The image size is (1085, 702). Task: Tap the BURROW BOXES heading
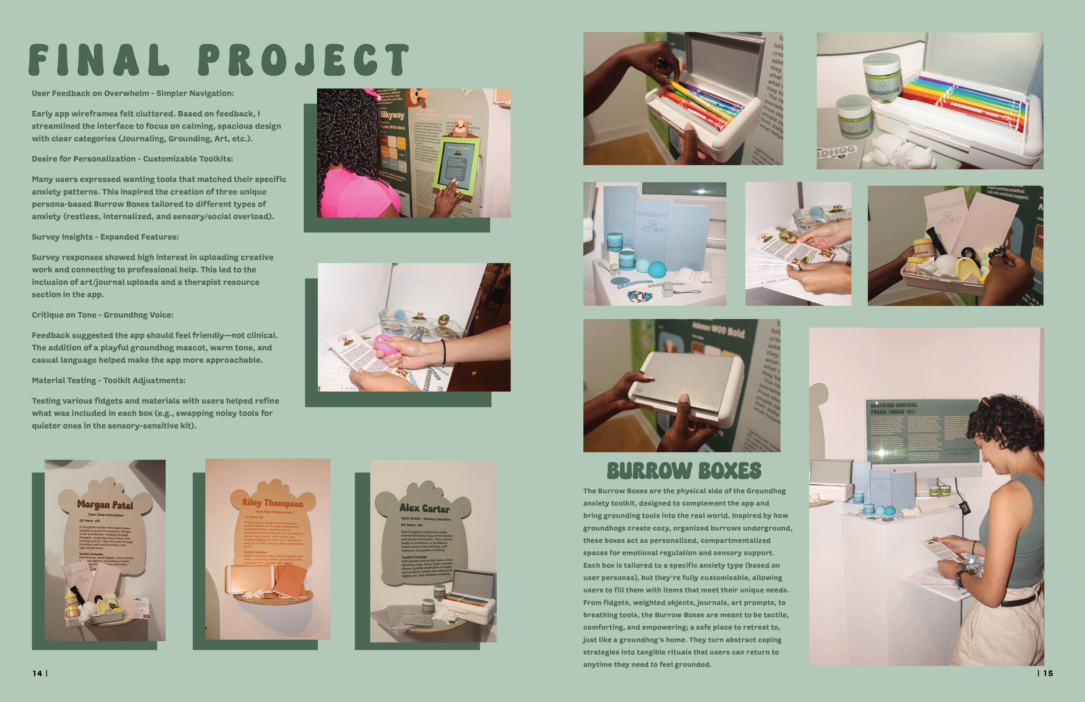pos(684,471)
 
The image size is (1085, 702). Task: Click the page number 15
pos(1048,673)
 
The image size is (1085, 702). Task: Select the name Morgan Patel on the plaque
pos(105,505)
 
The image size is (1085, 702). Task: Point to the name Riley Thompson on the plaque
pos(273,503)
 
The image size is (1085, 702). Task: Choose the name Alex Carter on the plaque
pos(424,508)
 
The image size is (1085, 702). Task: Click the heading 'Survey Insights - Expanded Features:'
pos(105,237)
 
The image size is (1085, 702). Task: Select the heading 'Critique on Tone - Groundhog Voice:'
pos(102,315)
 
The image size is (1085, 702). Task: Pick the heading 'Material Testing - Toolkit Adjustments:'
pos(108,381)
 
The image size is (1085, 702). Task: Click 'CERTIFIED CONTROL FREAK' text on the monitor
pos(894,408)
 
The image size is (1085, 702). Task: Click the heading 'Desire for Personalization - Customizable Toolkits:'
pos(132,159)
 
